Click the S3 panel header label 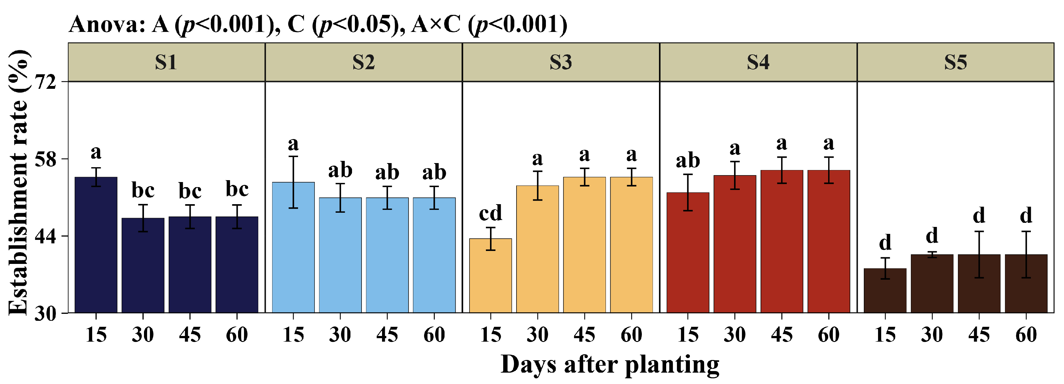[560, 62]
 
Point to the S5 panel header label [955, 62]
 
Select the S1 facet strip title [166, 62]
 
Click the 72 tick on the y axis [45, 82]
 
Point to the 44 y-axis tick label [45, 236]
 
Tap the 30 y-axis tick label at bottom [45, 314]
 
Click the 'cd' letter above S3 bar [490, 213]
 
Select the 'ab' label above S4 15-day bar [688, 160]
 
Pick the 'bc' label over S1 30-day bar [143, 191]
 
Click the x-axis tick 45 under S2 [387, 335]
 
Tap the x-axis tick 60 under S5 [1026, 335]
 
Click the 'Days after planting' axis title [610, 365]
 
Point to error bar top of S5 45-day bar [979, 231]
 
